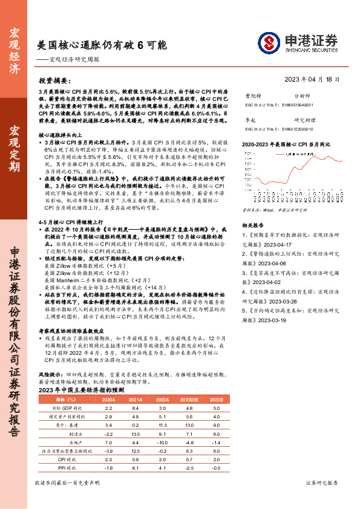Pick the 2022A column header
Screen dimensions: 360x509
[x=162, y=400]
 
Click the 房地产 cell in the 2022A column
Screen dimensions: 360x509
[x=162, y=443]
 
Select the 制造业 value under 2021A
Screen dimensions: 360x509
[x=136, y=434]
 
